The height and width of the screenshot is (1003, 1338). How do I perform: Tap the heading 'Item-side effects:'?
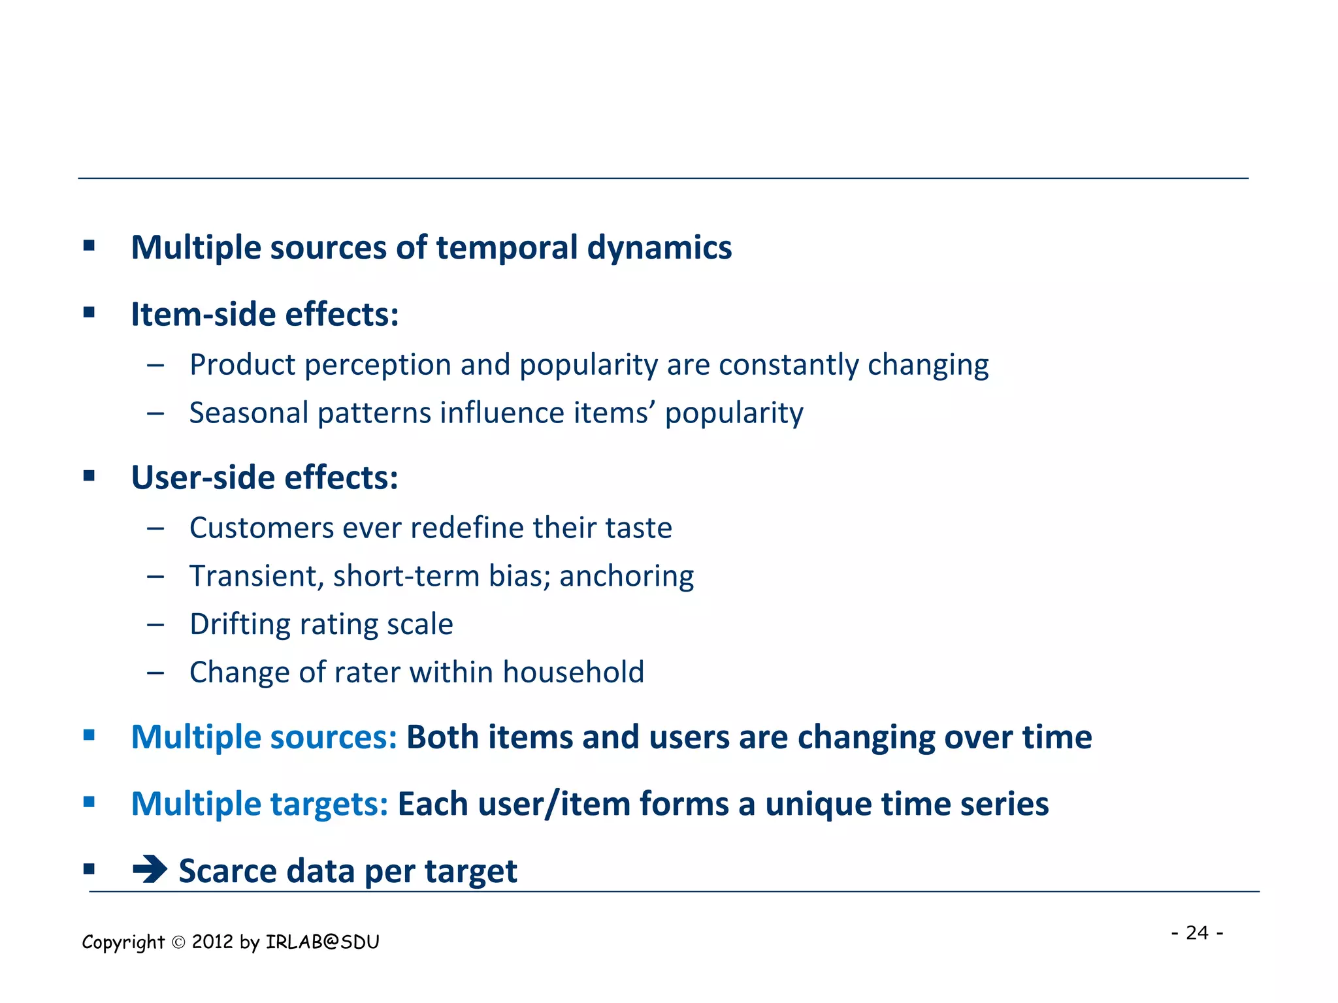point(265,315)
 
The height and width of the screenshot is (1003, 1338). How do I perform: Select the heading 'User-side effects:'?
point(265,478)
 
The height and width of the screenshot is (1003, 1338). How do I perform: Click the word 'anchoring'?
point(626,577)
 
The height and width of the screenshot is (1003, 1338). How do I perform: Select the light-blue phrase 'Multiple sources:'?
point(264,737)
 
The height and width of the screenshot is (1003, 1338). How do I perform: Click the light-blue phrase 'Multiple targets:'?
point(259,804)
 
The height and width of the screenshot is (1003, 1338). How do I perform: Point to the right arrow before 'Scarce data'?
point(150,869)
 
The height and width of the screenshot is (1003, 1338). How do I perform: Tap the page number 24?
point(1197,932)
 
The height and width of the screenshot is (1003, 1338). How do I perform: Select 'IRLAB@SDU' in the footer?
point(322,942)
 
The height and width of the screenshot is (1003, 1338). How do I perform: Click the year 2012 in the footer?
point(212,942)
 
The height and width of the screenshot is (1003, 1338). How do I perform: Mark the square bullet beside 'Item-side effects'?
point(90,313)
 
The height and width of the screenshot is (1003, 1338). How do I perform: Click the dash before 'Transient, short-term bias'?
point(155,577)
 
